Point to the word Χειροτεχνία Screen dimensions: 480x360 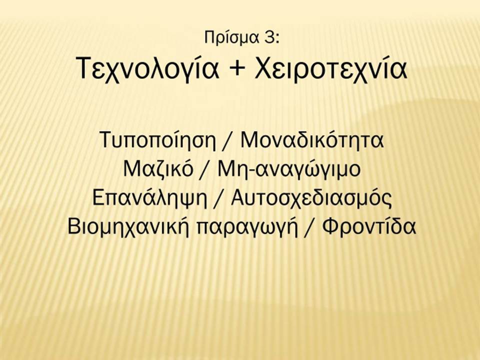tap(331, 68)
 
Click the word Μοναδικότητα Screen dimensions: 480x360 tap(312, 139)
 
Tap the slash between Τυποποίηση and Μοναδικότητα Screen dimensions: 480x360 tap(228, 141)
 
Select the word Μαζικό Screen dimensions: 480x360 tap(158, 168)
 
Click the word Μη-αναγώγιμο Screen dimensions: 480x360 tap(289, 170)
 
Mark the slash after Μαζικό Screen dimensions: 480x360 tap(205, 169)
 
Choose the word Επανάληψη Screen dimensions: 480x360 tap(149, 198)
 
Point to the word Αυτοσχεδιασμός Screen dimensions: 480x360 tap(311, 198)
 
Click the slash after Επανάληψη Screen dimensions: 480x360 tap(219, 198)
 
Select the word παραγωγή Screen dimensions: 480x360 tap(247, 228)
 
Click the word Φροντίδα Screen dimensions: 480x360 tap(369, 227)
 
